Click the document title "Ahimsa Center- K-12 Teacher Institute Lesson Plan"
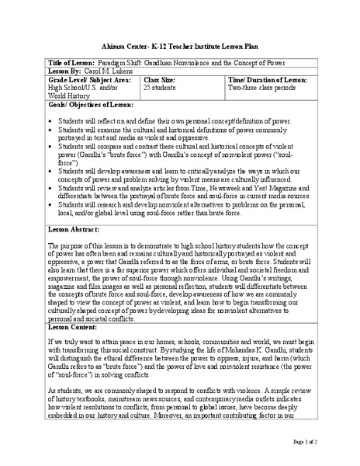coord(180,45)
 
